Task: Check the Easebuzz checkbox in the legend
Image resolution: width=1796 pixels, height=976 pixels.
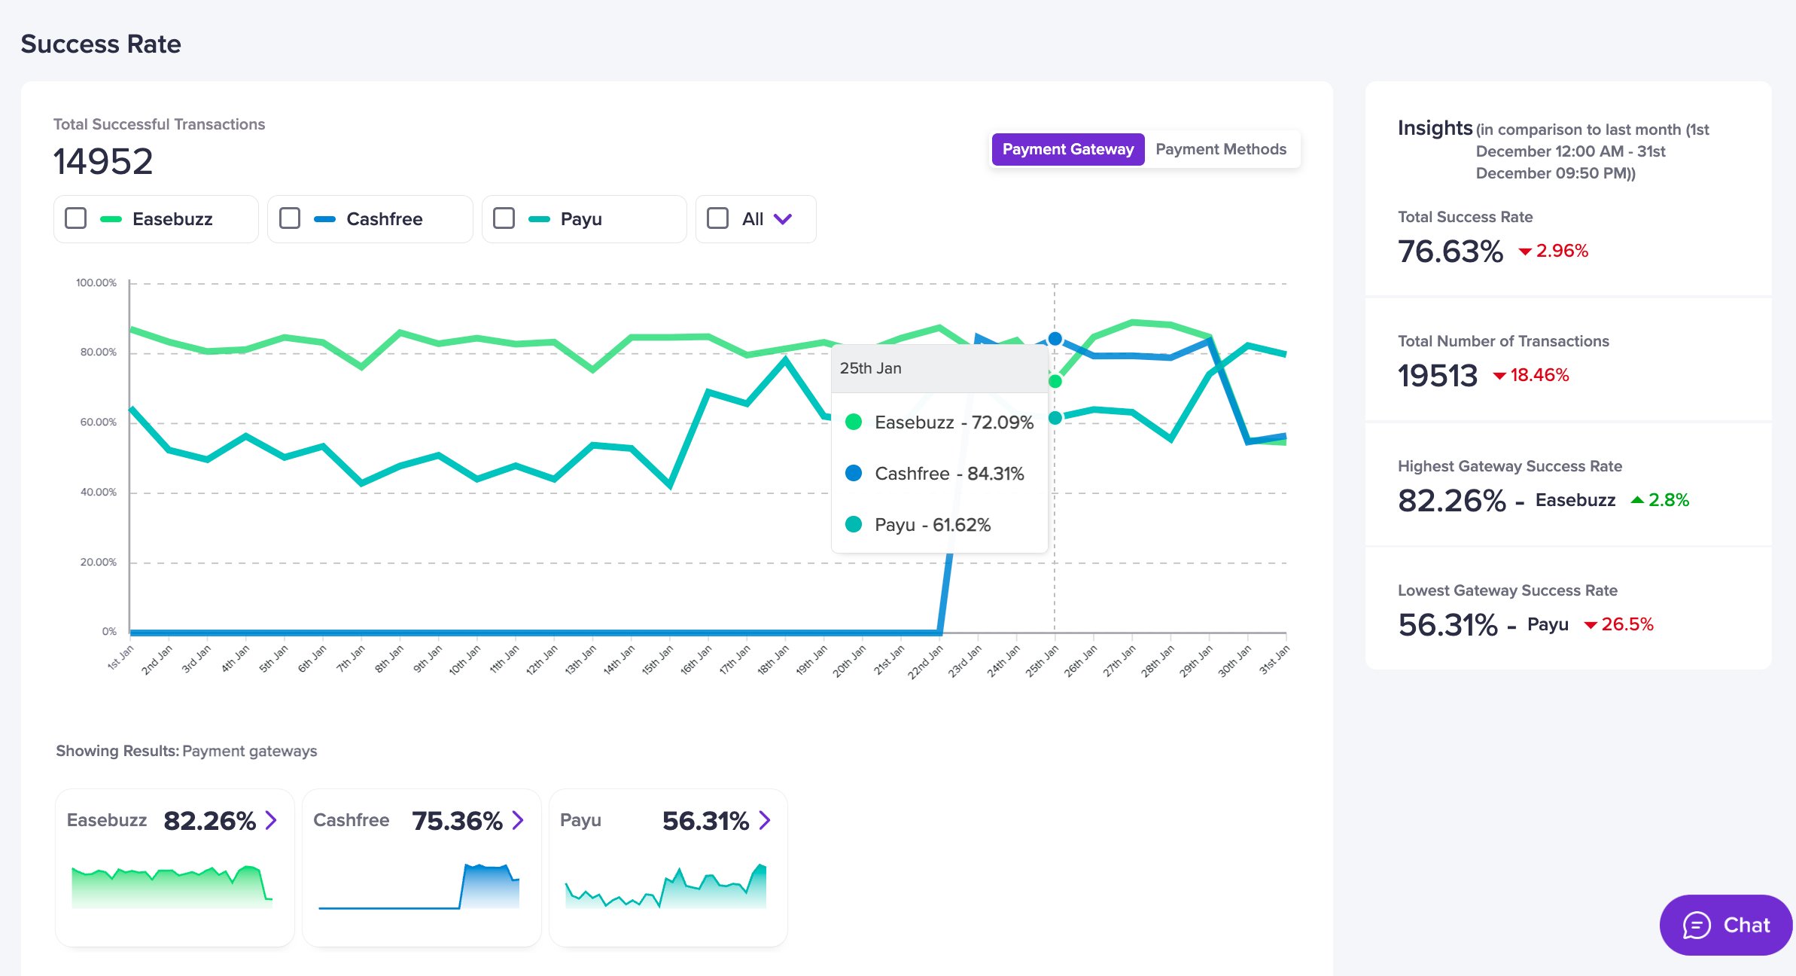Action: pos(76,218)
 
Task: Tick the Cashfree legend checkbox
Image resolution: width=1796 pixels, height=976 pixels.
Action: pos(290,218)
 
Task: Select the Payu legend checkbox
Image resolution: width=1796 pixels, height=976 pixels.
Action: pos(504,218)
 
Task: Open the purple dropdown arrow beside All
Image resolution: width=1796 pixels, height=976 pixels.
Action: pos(783,219)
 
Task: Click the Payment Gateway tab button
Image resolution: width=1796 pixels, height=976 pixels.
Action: pos(1068,149)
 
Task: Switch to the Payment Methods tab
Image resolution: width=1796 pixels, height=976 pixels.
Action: pos(1221,149)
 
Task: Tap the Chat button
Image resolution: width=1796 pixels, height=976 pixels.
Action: pos(1726,925)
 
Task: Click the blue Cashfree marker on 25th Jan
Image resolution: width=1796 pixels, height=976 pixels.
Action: pos(1055,339)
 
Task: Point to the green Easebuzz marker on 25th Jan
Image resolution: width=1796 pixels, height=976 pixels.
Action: pos(1055,382)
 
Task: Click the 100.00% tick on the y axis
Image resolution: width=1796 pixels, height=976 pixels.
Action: pos(96,283)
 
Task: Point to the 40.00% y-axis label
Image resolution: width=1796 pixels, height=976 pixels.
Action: pos(99,493)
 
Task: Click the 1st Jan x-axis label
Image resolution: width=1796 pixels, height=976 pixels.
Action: pos(120,657)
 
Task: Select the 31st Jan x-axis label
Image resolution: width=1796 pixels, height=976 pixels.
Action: pos(1274,659)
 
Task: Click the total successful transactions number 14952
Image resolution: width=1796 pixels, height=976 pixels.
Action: pos(103,161)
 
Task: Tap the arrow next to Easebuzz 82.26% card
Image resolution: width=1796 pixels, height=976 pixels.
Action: pos(271,820)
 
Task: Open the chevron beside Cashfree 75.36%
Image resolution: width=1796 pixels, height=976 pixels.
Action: pos(518,820)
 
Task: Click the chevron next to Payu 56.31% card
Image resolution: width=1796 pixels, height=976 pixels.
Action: pos(765,820)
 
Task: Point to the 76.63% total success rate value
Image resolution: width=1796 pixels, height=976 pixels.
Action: pos(1450,252)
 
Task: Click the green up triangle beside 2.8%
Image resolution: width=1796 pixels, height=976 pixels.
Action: pos(1637,499)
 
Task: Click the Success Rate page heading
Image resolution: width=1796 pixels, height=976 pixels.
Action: pos(101,44)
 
